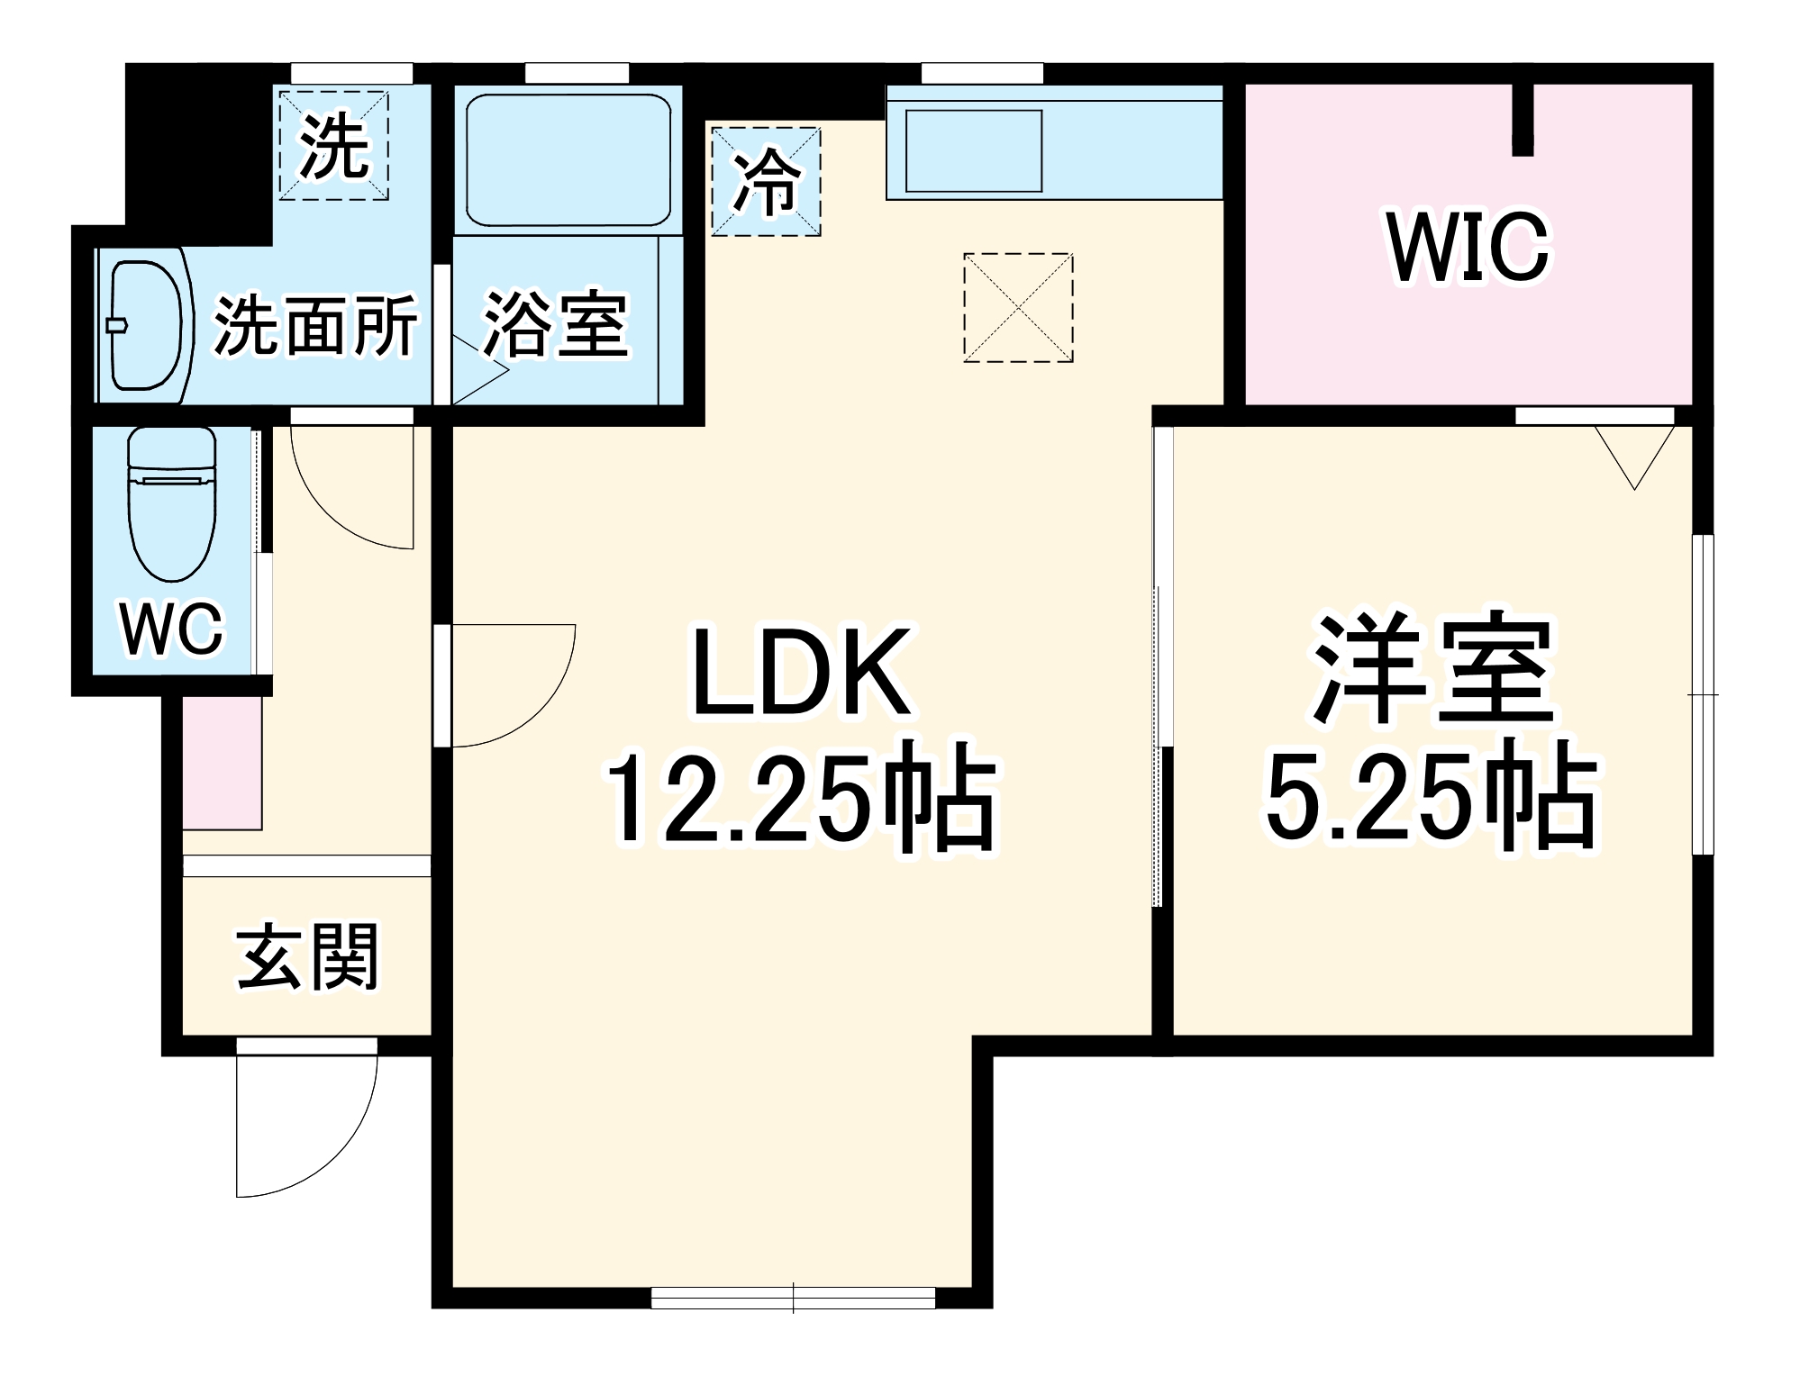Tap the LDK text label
tap(800, 674)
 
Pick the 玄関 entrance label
tap(308, 956)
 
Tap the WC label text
tap(171, 629)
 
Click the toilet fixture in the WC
tap(172, 504)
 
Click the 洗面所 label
tap(315, 325)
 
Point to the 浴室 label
tap(555, 325)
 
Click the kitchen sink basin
tap(973, 150)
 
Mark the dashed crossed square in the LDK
tap(1018, 308)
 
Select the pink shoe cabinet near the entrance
tap(222, 763)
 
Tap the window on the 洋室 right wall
tap(1702, 694)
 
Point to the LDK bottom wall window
tap(793, 1298)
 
